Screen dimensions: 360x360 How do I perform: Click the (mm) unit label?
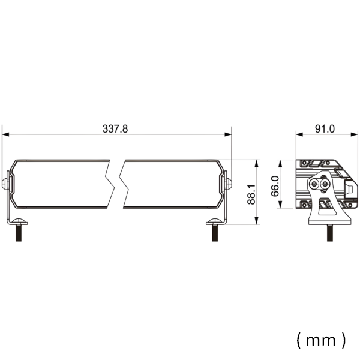tap(321, 340)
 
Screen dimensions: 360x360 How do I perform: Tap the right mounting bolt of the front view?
tap(214, 231)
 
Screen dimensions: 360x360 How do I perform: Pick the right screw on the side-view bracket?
tap(325, 184)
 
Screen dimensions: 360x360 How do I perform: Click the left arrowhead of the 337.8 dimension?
tap(5, 134)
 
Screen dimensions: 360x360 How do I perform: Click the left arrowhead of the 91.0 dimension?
tap(298, 134)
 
